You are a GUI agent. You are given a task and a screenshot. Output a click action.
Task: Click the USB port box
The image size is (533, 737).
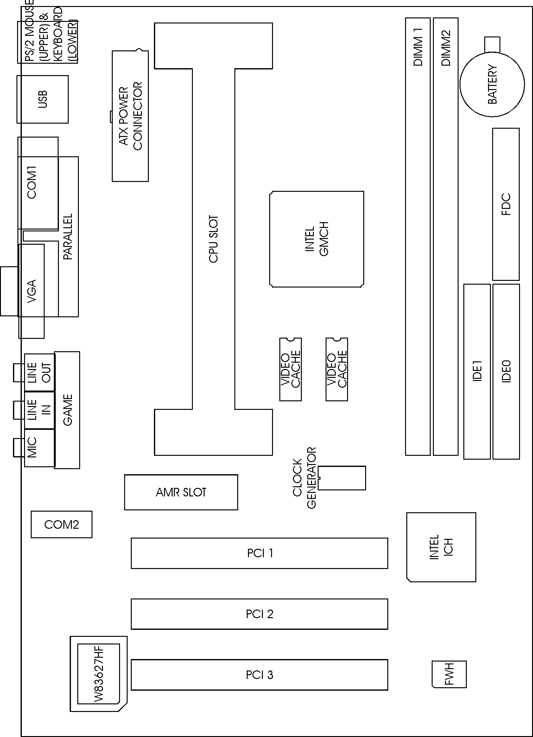(42, 100)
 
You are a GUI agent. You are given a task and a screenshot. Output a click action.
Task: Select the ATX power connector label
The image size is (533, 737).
(130, 116)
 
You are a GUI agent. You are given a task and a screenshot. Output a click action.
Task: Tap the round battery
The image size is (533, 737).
(492, 84)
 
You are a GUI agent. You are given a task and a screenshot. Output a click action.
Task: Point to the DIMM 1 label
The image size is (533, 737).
(418, 47)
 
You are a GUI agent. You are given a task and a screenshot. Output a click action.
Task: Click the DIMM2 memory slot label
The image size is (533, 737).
(446, 48)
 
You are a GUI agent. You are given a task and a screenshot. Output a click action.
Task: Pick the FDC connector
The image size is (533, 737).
(506, 204)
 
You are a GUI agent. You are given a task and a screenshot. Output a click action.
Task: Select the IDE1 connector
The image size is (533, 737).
(477, 372)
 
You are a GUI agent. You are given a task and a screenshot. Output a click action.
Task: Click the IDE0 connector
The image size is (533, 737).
(506, 372)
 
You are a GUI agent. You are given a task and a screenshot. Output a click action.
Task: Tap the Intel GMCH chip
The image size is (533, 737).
(316, 239)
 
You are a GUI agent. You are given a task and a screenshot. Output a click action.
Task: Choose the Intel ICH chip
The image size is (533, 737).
(441, 547)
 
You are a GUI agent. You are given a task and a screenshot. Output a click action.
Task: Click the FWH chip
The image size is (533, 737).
(449, 674)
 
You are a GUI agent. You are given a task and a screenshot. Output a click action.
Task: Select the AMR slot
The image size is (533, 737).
(181, 492)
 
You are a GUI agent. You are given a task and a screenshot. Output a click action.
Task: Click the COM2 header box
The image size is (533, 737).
(62, 525)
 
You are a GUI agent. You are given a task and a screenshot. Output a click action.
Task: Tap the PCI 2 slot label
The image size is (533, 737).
(260, 614)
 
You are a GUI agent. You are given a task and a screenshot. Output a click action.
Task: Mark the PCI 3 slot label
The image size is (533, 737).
(260, 675)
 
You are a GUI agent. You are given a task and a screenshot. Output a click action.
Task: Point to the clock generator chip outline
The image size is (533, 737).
(341, 478)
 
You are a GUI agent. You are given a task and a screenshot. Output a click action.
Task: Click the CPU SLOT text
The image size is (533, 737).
(213, 239)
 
